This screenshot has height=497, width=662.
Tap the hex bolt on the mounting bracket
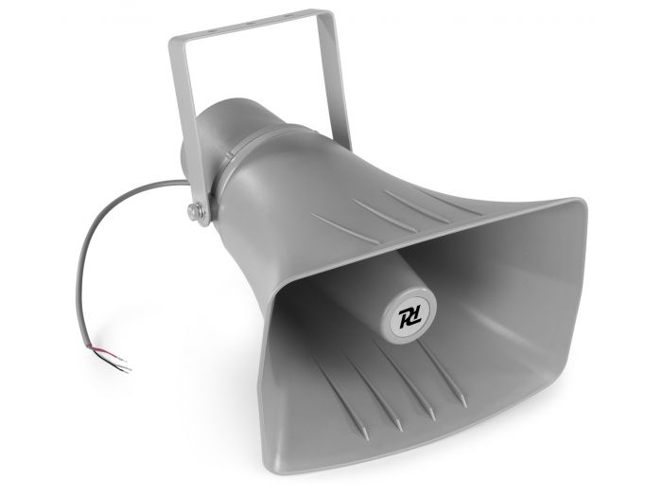(196, 212)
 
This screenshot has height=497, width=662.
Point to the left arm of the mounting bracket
(181, 114)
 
